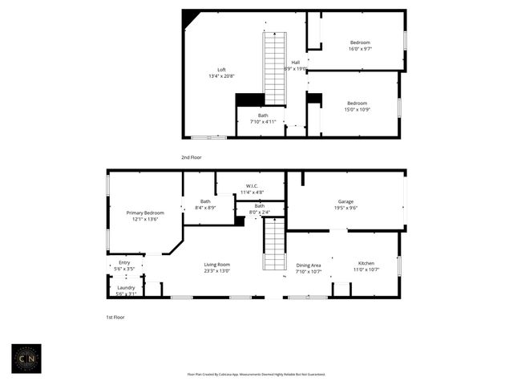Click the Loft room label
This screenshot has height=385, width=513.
pos(222,73)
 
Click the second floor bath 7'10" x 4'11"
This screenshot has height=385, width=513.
pos(263,119)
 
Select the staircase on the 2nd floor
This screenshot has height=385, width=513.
pos(275,69)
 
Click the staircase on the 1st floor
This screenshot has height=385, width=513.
pos(274,245)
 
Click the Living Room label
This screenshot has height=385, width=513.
pos(216,268)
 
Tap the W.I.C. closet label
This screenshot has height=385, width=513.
pos(252,189)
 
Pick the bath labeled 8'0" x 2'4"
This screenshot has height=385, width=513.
pos(260,209)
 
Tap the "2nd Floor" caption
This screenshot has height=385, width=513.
pos(191,157)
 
